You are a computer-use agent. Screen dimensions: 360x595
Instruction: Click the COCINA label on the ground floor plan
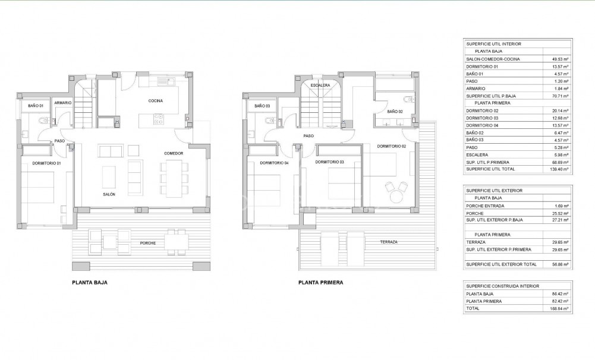point(156,101)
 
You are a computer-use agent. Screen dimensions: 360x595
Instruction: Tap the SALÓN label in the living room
point(109,194)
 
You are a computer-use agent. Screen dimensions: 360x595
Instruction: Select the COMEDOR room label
point(174,153)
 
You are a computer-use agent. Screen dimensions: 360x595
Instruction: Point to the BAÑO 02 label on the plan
point(395,112)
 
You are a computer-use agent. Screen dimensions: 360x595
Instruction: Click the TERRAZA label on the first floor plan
point(389,242)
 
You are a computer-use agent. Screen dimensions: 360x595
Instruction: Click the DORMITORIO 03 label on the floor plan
point(329,162)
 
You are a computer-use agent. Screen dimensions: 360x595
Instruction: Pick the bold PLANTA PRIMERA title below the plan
point(320,283)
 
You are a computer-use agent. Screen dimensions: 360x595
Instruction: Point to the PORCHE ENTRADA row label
point(486,206)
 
